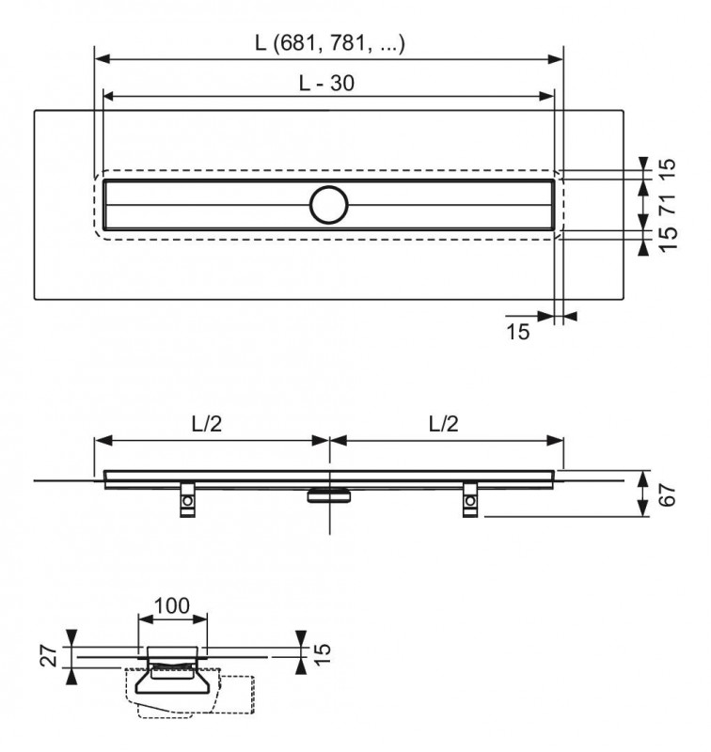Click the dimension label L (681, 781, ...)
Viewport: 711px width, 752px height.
pos(330,43)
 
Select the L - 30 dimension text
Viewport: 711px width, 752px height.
pos(326,83)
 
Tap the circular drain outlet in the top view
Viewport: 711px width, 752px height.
pos(328,205)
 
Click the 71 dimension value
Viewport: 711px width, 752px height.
pos(668,204)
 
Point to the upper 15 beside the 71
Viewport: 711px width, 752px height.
pos(668,169)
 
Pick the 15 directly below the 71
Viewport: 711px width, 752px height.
pos(668,240)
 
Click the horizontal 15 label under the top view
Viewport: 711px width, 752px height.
pos(518,332)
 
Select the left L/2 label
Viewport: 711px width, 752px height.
pos(207,424)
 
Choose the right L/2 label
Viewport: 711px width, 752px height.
pos(443,424)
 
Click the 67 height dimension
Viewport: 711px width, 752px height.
pos(668,495)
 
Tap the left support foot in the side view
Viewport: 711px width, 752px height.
pos(187,500)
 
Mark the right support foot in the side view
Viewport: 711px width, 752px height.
pos(470,500)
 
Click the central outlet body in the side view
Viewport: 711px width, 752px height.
pos(328,495)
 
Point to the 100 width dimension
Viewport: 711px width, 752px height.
pos(172,605)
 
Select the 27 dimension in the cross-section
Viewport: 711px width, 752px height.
pos(50,655)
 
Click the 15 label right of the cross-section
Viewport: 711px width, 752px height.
pos(322,653)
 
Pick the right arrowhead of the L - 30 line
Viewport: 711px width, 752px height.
pos(547,97)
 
